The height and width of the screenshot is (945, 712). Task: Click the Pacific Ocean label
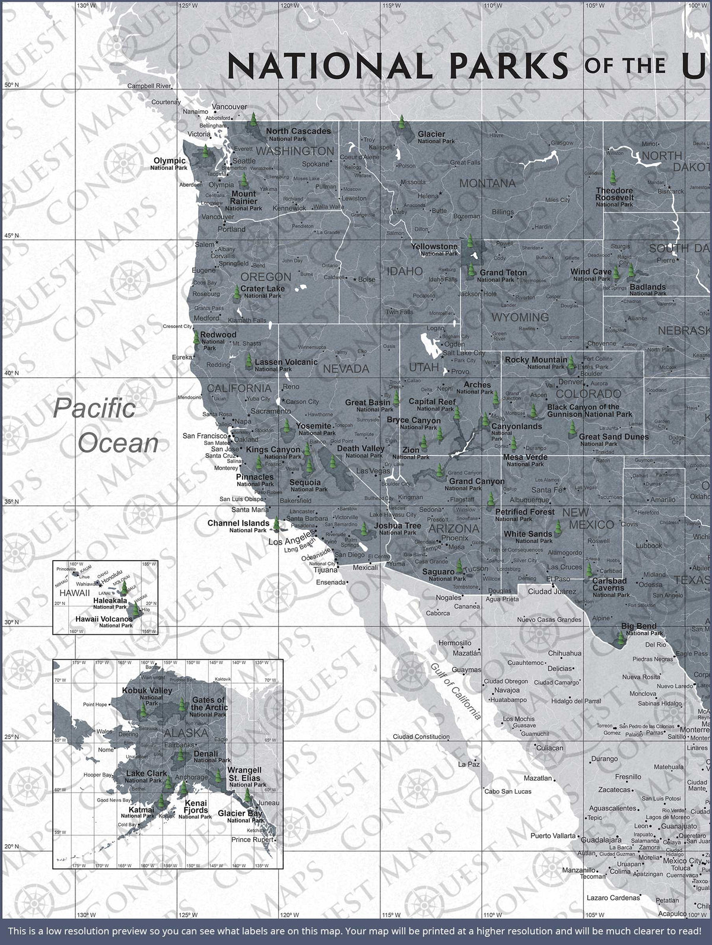[x=106, y=425]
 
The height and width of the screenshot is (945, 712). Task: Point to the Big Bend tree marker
[x=621, y=637]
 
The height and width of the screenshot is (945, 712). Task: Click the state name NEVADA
[x=345, y=368]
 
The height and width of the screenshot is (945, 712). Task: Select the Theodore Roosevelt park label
[x=615, y=194]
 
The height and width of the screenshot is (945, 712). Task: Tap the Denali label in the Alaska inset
[x=206, y=753]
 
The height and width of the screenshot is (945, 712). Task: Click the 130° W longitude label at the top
[x=86, y=5]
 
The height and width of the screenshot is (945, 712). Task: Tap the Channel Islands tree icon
[x=276, y=524]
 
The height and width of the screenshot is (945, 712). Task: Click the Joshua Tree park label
[x=398, y=526]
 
